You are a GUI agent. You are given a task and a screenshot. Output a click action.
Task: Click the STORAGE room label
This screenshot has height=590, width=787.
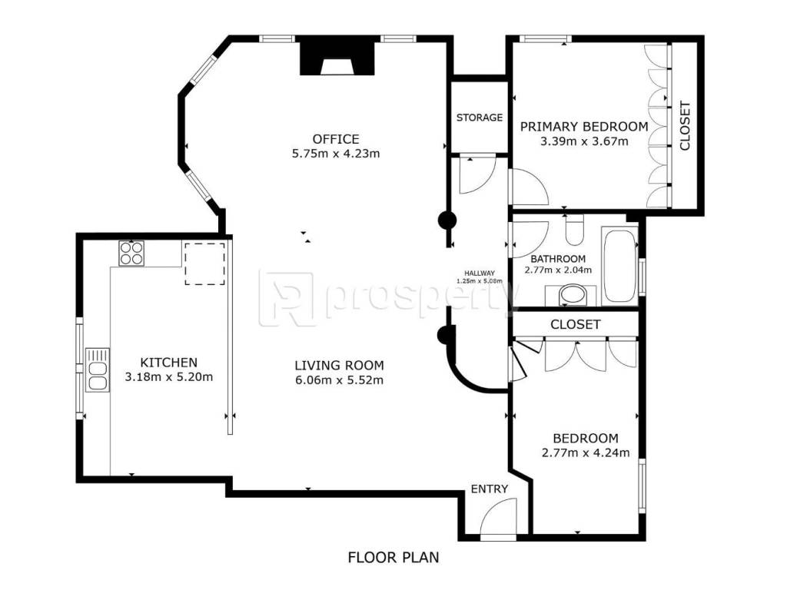click(480, 118)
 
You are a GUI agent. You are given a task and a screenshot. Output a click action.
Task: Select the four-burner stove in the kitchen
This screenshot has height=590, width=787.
click(131, 254)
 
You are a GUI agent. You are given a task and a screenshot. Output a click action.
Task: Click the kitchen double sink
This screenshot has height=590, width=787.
click(98, 370)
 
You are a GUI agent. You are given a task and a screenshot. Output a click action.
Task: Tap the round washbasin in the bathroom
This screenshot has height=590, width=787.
click(572, 295)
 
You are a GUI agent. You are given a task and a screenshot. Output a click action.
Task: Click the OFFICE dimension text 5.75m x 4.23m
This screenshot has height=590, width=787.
click(336, 154)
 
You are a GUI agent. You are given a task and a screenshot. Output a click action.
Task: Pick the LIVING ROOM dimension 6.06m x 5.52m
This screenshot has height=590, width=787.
click(339, 380)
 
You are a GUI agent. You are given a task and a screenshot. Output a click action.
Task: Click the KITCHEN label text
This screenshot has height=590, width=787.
click(168, 363)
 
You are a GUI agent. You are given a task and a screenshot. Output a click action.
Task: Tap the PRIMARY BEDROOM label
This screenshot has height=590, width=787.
click(584, 127)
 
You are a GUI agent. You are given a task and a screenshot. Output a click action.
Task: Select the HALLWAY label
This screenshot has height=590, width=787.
click(480, 273)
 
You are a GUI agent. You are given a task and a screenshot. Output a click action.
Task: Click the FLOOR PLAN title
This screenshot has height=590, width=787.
click(393, 558)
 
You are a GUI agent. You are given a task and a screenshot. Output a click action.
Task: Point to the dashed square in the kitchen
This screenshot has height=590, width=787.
click(204, 264)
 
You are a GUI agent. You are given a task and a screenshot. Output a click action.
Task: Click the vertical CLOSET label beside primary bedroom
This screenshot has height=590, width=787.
click(685, 126)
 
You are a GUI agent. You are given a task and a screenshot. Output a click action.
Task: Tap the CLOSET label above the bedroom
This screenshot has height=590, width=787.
click(575, 325)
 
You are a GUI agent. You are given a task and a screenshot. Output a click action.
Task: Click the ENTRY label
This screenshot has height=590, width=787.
click(490, 489)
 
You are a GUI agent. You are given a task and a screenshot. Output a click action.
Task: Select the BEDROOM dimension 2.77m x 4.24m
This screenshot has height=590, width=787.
click(586, 453)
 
